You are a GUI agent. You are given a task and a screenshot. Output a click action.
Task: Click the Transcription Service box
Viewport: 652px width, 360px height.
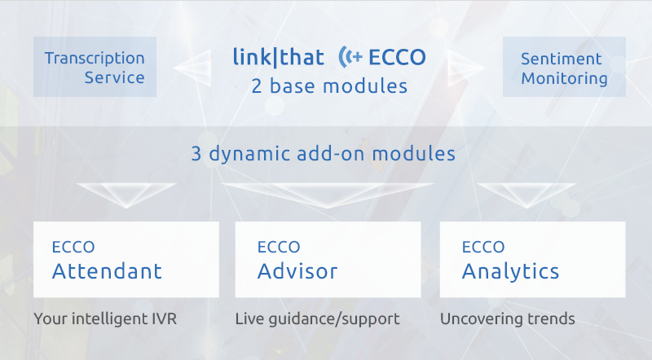click(95, 67)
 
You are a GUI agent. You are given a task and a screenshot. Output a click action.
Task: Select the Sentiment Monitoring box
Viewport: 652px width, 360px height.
click(564, 67)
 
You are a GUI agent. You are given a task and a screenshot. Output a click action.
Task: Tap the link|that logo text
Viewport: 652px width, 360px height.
click(278, 57)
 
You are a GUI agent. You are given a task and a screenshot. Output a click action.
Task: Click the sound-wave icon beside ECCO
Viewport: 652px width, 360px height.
click(350, 56)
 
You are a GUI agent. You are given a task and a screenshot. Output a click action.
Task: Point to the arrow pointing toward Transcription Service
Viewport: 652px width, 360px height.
click(192, 68)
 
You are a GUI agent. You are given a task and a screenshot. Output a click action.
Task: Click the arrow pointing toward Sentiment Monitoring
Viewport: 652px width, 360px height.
click(466, 68)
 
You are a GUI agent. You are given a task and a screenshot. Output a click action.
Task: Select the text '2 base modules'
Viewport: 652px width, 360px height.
click(329, 86)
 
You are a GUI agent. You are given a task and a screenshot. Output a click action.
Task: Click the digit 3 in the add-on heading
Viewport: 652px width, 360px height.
click(196, 153)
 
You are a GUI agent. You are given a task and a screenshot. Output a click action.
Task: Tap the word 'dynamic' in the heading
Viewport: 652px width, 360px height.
click(249, 154)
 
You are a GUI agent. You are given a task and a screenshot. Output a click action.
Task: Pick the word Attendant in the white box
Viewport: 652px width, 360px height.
click(107, 271)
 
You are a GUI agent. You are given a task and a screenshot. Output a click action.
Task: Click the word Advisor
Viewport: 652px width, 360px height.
click(297, 271)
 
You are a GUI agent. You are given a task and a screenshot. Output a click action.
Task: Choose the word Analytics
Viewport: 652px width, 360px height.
click(510, 272)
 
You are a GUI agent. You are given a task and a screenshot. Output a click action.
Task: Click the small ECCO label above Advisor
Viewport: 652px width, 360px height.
click(279, 247)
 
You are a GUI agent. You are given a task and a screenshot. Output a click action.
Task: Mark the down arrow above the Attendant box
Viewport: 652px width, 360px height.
click(126, 195)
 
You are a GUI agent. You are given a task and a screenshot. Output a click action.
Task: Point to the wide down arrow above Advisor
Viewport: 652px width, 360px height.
click(328, 195)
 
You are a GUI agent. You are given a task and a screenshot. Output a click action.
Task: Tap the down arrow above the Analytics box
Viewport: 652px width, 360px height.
click(526, 195)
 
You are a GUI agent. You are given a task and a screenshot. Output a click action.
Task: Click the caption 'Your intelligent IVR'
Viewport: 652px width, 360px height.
click(105, 319)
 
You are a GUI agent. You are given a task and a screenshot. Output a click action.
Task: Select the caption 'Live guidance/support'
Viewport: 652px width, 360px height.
click(317, 319)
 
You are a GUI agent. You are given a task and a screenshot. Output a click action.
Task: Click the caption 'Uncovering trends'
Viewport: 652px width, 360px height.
click(507, 318)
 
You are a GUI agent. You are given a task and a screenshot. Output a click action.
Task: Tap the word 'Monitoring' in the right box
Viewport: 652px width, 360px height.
click(564, 78)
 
